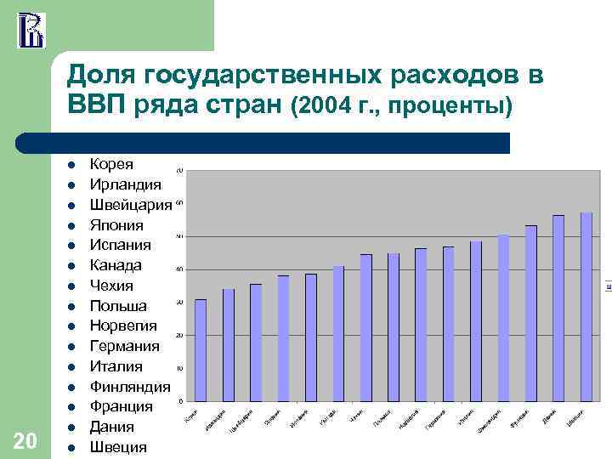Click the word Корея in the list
click(x=111, y=164)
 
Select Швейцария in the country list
click(x=131, y=205)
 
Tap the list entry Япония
click(x=116, y=225)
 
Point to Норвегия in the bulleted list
click(x=123, y=326)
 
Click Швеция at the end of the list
click(x=118, y=447)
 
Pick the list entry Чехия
click(x=111, y=286)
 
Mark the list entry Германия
click(x=124, y=346)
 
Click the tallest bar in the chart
click(x=586, y=306)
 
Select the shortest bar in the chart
click(x=201, y=349)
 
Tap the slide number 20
click(x=25, y=439)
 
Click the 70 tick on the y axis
click(x=179, y=171)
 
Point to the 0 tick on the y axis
click(x=180, y=400)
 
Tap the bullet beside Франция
click(x=74, y=407)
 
